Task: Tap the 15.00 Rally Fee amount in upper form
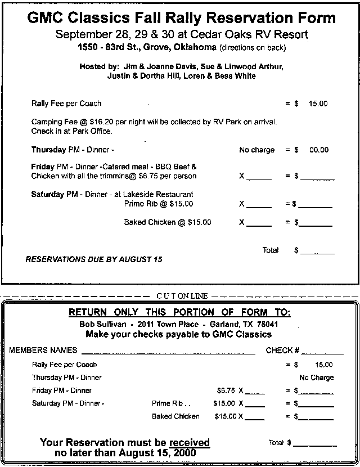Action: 318,104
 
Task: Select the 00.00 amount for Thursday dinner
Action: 318,150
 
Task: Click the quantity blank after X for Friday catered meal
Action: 259,177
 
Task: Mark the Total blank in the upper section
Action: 317,251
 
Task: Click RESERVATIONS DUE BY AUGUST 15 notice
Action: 94,259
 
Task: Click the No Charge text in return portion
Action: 316,378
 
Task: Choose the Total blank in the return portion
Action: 315,443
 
